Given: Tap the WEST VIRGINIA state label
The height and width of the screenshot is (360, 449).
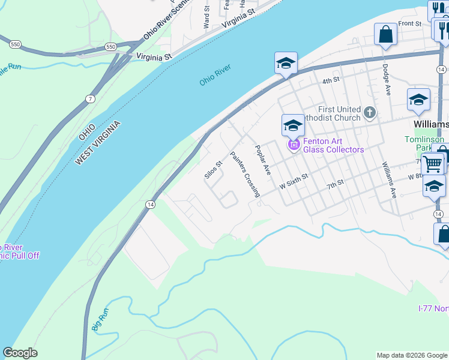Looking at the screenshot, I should click(98, 143).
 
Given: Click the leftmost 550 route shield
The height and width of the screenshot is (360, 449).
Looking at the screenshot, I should click(14, 44).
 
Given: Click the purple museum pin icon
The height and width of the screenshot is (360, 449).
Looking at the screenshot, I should click(294, 145).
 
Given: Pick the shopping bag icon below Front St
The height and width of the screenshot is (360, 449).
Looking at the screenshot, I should click(385, 35).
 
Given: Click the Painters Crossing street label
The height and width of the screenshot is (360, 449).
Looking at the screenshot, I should click(246, 174).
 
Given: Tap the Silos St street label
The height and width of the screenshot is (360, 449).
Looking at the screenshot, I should click(213, 170).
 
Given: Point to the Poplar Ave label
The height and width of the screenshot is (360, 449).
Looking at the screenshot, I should click(263, 160).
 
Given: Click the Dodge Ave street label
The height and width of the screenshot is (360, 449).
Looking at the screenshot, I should click(387, 79).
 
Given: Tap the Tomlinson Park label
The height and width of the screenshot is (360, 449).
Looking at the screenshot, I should click(425, 143).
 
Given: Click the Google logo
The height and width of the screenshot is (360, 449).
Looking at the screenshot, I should click(20, 353).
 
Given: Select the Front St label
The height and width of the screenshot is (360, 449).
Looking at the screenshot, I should click(410, 23).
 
